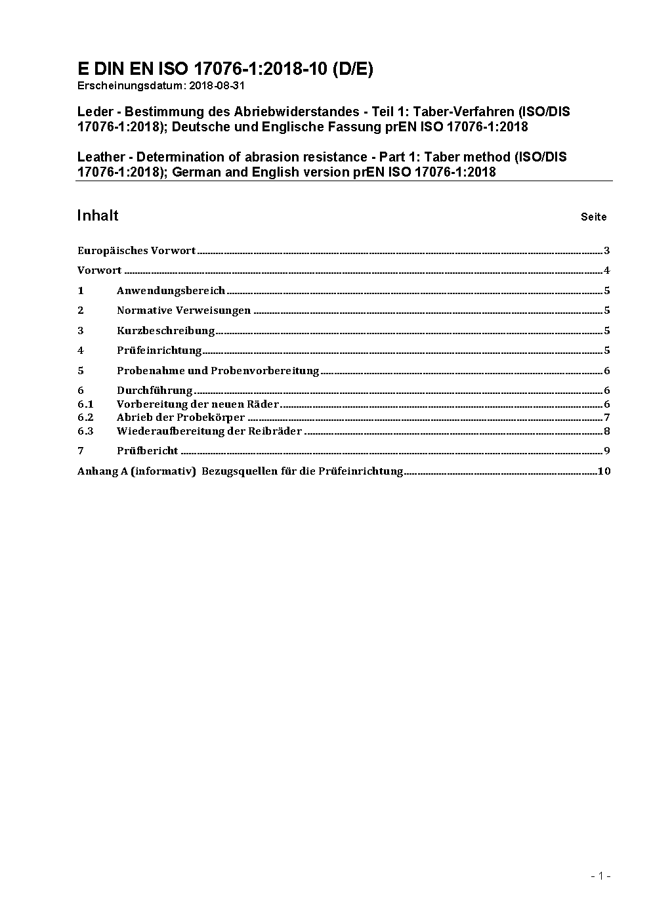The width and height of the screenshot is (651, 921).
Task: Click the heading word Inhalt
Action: (98, 216)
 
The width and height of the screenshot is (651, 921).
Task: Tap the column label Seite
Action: (593, 217)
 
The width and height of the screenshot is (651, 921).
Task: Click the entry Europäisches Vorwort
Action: (136, 251)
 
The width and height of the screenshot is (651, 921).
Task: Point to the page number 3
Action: (607, 251)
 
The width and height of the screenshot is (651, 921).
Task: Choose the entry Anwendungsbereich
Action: (171, 291)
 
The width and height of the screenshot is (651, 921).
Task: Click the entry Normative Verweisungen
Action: (184, 311)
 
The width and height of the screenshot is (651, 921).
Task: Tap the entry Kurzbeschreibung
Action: (165, 331)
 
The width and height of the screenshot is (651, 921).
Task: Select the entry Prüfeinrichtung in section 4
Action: (159, 351)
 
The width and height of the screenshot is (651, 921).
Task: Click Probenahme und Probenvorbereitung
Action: (217, 371)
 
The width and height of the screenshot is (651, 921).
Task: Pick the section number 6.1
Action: (85, 404)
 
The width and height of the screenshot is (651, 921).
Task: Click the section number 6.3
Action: (85, 431)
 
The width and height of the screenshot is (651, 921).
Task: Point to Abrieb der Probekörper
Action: (180, 418)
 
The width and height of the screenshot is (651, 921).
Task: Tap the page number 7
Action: (607, 418)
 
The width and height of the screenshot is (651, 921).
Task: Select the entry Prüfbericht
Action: (147, 451)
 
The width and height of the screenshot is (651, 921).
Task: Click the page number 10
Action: (604, 471)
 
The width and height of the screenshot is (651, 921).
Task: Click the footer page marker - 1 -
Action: (600, 876)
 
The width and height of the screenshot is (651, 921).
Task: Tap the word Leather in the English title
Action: (100, 157)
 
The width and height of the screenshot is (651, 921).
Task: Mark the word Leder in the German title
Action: (94, 112)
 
